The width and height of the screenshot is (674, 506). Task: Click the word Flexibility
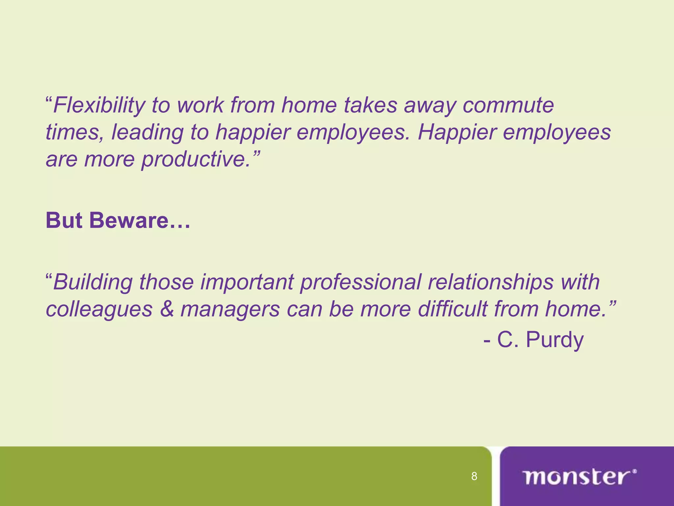tap(99, 105)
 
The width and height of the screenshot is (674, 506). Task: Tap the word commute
tap(508, 105)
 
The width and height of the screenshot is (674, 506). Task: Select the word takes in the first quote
tap(371, 105)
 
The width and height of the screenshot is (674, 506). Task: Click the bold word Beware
tap(140, 220)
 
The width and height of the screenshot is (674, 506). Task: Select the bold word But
tap(64, 220)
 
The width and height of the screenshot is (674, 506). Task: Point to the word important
tap(247, 282)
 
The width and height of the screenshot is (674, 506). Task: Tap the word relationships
tap(490, 282)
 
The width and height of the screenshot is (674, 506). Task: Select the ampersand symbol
tap(167, 309)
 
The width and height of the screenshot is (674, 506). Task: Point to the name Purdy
tap(555, 340)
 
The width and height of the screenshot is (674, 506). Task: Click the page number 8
tap(474, 476)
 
